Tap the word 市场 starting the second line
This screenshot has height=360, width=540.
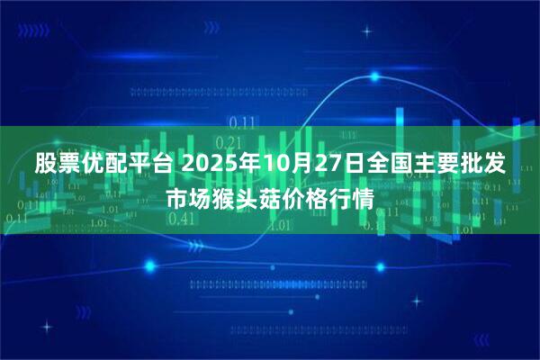188,197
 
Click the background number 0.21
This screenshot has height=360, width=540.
229,142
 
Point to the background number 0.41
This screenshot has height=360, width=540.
181,218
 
